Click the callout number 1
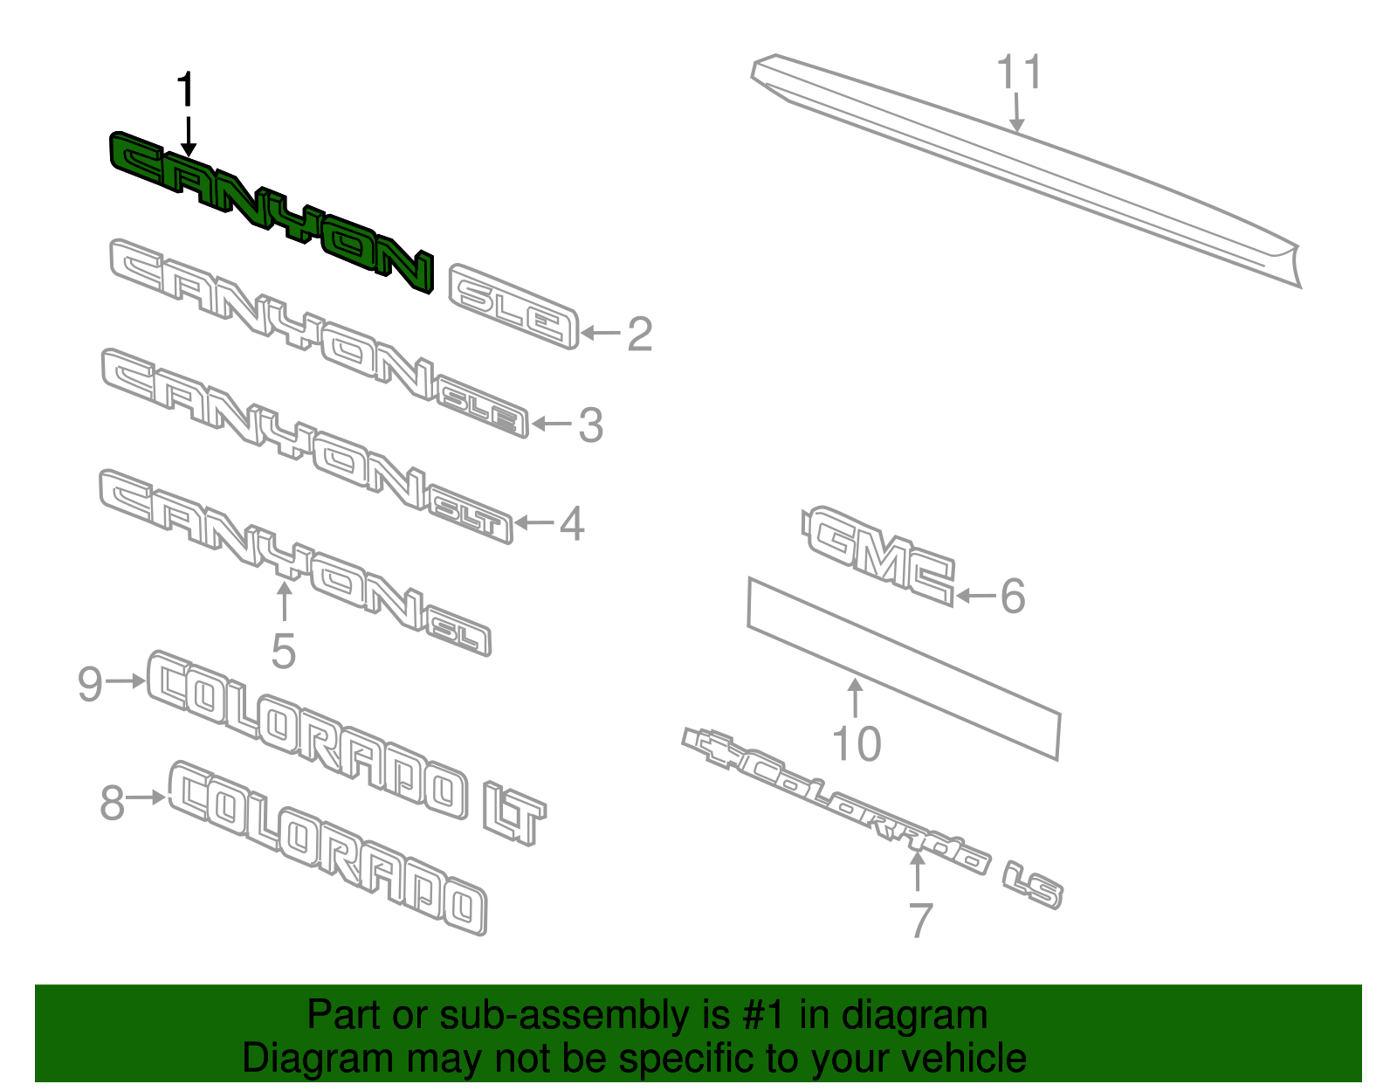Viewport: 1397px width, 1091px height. [x=186, y=89]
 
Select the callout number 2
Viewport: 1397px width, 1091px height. [x=640, y=335]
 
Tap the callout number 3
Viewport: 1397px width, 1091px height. [x=591, y=425]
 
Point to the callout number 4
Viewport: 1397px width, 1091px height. [x=572, y=524]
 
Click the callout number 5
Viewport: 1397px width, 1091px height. [x=284, y=652]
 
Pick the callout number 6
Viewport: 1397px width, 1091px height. [x=1013, y=596]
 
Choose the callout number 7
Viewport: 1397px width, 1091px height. [x=920, y=920]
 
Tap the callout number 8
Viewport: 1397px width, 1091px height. [x=113, y=803]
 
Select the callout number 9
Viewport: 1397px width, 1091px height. [x=90, y=684]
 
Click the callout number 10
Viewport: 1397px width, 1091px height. [x=857, y=744]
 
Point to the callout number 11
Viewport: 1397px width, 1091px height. [x=1019, y=72]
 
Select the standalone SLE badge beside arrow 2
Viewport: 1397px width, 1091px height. [x=513, y=306]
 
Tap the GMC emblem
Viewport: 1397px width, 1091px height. [x=878, y=556]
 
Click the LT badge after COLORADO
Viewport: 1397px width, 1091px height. [x=515, y=812]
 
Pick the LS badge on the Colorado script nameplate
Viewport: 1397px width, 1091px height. [x=1033, y=886]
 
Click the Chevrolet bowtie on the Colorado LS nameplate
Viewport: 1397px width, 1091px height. [x=712, y=747]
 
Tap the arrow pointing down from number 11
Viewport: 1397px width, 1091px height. [x=1016, y=113]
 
